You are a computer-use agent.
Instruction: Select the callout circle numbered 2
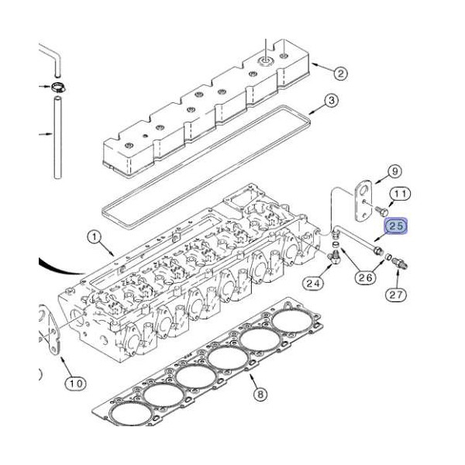[340, 74]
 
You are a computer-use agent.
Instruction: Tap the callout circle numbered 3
[330, 101]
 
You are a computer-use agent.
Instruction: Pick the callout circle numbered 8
[260, 394]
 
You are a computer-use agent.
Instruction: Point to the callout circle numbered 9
[393, 170]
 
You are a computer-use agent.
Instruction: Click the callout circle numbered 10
[74, 383]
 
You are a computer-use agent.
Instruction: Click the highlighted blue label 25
[396, 226]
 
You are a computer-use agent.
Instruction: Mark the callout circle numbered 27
[396, 294]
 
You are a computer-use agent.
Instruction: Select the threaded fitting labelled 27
[399, 262]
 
